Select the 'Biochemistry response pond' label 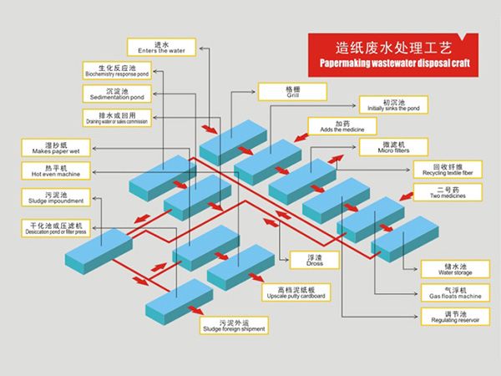pos(117,70)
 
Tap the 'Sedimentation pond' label pos(117,93)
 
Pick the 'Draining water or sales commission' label pos(117,117)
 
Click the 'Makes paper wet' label pos(56,148)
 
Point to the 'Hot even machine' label pos(56,170)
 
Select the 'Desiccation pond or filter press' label pos(56,228)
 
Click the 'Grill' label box pos(291,91)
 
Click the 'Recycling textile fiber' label pos(448,169)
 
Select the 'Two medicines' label pos(448,194)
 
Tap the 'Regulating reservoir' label pos(448,317)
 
